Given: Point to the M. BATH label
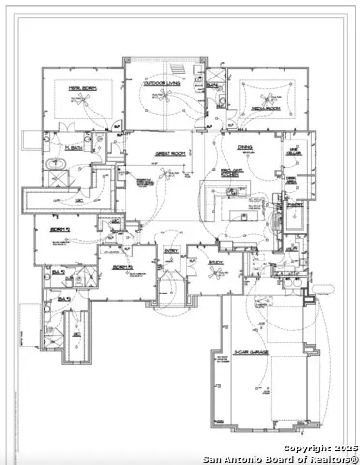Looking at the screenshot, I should (x=71, y=147).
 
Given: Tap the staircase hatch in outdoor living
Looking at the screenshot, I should (x=176, y=70).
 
